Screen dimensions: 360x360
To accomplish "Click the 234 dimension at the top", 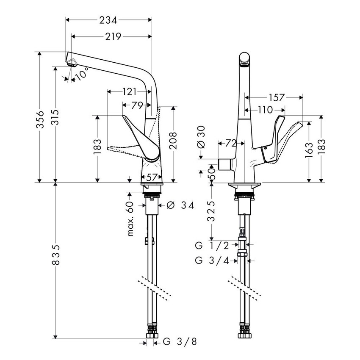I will tap(108, 19).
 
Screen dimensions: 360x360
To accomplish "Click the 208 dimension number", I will tap(174, 141).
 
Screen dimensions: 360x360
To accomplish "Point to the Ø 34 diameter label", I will tap(180, 205).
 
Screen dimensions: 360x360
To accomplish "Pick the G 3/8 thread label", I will tap(180, 341).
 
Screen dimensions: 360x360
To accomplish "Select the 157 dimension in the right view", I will tap(276, 98).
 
